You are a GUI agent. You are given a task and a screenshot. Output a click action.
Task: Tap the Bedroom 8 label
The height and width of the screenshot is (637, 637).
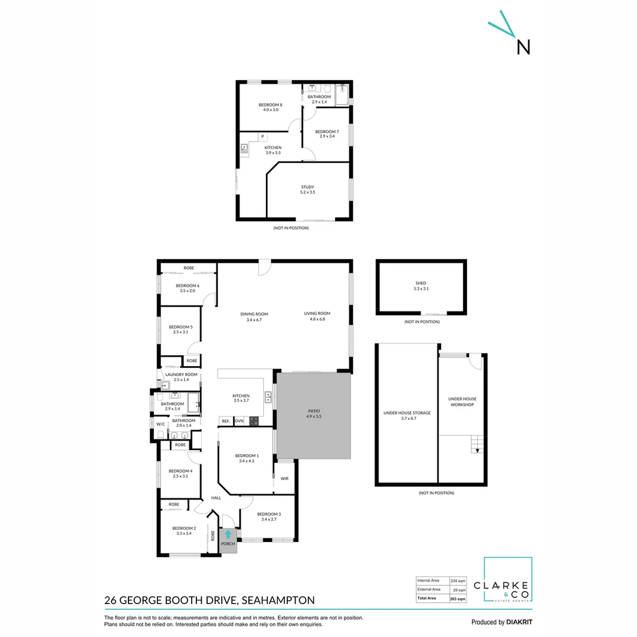270,106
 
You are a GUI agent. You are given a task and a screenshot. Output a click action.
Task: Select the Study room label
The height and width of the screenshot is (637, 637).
307,187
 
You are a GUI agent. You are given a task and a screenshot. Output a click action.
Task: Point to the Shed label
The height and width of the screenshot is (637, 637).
421,283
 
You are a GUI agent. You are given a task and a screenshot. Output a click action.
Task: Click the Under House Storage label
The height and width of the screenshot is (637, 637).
406,413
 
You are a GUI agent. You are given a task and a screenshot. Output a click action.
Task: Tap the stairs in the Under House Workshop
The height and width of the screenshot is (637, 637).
476,444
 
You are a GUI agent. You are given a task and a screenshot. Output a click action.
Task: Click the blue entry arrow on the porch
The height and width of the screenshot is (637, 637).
228,534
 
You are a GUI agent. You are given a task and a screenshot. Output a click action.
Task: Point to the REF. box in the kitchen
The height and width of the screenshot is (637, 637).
225,421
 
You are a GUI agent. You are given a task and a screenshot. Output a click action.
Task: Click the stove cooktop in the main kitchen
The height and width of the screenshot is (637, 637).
254,421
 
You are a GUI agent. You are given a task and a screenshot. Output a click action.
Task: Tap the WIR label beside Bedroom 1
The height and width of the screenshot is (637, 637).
284,478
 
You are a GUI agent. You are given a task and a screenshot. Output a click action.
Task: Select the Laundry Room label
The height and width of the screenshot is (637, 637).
181,375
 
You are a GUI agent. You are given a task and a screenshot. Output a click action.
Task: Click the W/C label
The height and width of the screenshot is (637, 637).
160,424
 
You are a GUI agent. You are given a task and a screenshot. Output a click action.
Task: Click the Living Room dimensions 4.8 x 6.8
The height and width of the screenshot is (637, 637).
317,319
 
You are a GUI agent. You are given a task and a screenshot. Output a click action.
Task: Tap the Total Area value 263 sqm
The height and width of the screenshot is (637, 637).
458,599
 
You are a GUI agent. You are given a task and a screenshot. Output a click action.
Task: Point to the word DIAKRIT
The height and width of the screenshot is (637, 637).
520,622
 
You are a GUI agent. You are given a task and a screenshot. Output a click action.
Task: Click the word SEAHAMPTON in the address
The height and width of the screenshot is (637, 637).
278,600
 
